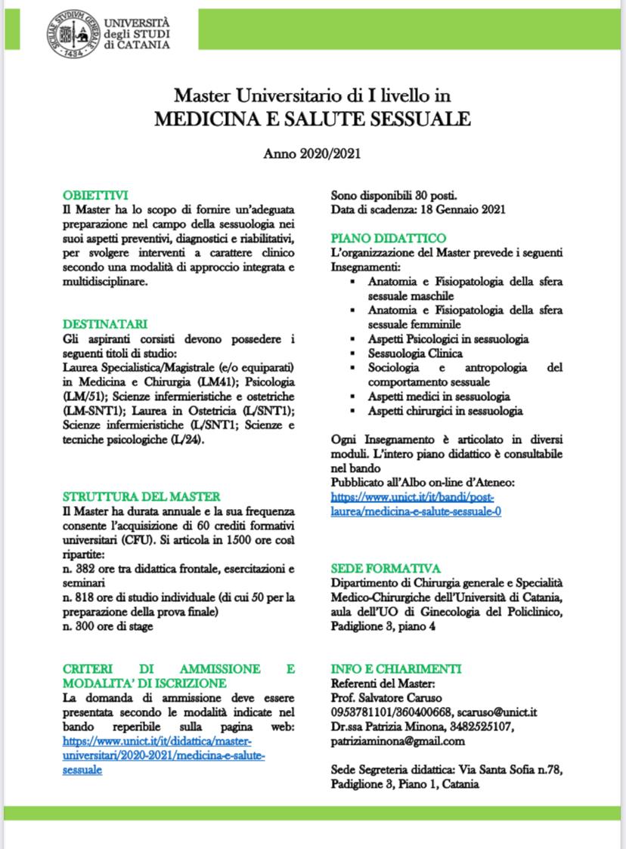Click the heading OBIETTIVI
coord(95,194)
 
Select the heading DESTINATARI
coord(104,324)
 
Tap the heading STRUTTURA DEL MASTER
coord(141,496)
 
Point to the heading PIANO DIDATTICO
coord(388,238)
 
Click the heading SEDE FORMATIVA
coord(386,568)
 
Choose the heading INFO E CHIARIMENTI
coord(396,669)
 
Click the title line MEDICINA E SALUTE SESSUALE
coord(312,119)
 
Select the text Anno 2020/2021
coord(311,153)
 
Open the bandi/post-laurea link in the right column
coord(417,505)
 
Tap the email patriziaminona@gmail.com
coord(396,741)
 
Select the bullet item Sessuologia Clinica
coord(415,353)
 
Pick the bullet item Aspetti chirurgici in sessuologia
coord(445,411)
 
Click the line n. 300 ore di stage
coord(107,625)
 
